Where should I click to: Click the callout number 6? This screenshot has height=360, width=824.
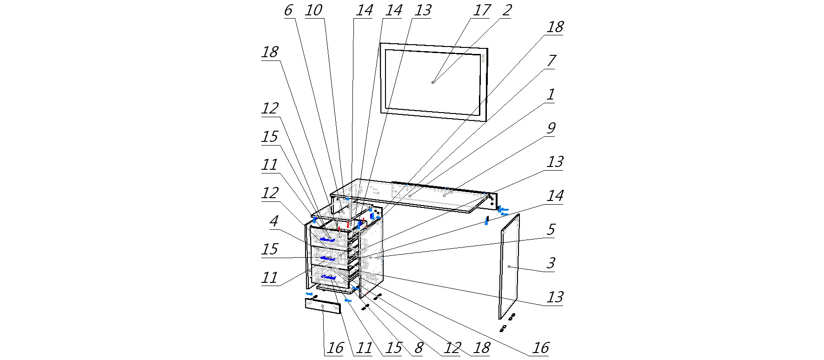(288, 10)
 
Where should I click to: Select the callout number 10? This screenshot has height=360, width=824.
(314, 10)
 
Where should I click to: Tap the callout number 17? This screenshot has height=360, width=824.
(481, 10)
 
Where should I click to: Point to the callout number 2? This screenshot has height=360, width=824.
(506, 10)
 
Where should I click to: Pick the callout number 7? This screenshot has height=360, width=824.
(551, 61)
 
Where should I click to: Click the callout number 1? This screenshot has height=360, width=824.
(551, 95)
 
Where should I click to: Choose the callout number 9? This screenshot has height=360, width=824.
(551, 128)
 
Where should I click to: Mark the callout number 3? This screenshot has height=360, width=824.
(551, 263)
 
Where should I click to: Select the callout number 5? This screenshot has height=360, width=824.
(551, 229)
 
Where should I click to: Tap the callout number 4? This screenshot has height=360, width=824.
(274, 221)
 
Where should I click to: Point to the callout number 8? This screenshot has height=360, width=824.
(419, 347)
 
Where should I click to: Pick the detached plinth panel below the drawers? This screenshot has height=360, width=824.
(322, 307)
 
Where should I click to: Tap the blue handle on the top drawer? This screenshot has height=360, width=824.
(328, 239)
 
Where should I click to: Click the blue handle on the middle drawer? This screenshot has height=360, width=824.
(327, 258)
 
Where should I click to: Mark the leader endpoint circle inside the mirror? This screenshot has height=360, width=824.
(433, 82)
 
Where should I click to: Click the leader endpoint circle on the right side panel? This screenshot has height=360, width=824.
(509, 267)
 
